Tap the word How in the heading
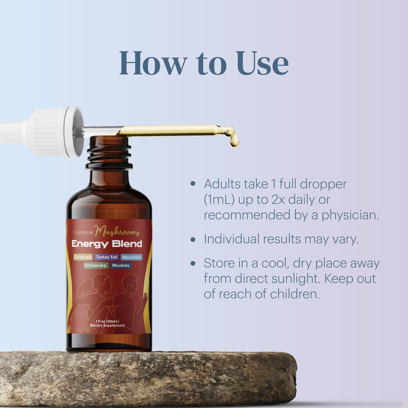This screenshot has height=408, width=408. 153,63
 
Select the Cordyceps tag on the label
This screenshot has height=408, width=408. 83,257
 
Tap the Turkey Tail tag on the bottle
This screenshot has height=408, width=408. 107,257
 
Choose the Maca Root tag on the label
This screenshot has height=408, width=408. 131,257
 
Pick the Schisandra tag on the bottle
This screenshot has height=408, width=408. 96,265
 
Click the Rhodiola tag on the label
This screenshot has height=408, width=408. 120,265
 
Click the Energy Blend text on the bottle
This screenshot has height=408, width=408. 107,244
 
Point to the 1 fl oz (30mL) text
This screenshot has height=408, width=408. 108,321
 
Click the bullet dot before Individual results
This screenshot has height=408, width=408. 193,239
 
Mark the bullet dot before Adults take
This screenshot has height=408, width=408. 193,184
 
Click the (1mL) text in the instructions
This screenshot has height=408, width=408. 218,199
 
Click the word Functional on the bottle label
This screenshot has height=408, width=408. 83,233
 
